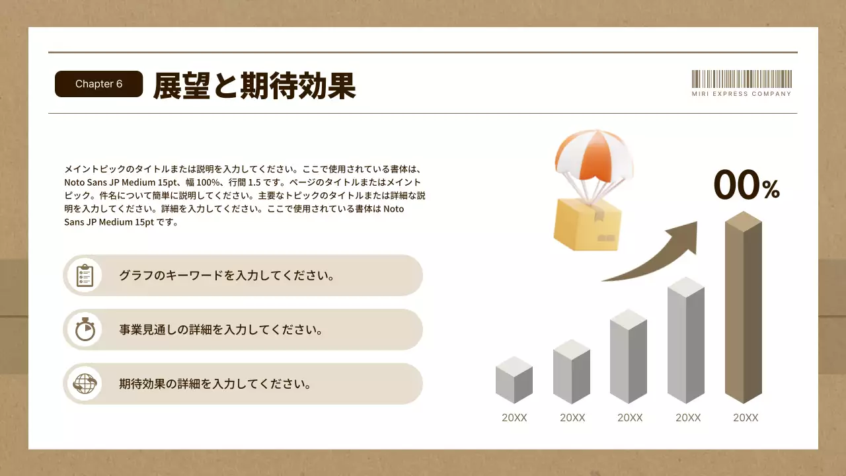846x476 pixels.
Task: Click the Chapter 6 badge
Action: [x=99, y=84]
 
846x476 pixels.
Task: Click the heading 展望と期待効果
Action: [x=254, y=85]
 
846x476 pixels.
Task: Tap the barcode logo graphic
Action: [x=742, y=79]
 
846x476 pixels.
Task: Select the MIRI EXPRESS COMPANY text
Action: [x=742, y=95]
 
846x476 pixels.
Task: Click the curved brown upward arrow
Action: [x=654, y=255]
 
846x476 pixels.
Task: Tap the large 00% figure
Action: [x=746, y=184]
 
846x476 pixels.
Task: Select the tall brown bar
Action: [x=744, y=311]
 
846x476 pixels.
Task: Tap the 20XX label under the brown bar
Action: [x=746, y=418]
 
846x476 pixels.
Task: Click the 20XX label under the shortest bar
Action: [x=514, y=418]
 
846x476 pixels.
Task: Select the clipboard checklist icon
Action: [x=85, y=275]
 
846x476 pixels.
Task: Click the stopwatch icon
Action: [x=85, y=329]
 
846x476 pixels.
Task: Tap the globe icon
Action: [x=85, y=383]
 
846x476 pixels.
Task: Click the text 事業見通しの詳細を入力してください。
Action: [x=221, y=329]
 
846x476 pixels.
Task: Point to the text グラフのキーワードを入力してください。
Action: [x=226, y=275]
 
